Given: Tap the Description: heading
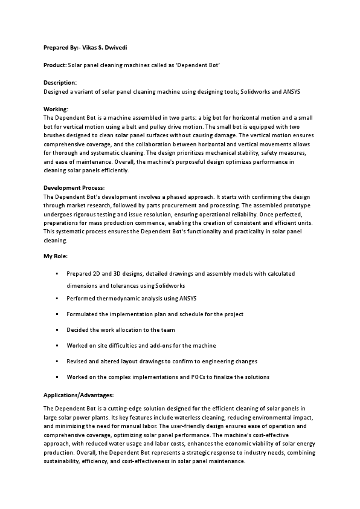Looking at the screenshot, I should pyautogui.click(x=60, y=82).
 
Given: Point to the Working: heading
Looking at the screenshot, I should pyautogui.click(x=56, y=109).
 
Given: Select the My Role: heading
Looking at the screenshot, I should pyautogui.click(x=56, y=257).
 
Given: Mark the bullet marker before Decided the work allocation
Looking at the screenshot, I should pyautogui.click(x=57, y=330).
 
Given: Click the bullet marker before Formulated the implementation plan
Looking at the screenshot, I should pyautogui.click(x=57, y=314).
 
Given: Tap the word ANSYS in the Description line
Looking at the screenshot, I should pyautogui.click(x=287, y=91).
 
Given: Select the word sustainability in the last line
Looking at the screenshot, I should pyautogui.click(x=63, y=461).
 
